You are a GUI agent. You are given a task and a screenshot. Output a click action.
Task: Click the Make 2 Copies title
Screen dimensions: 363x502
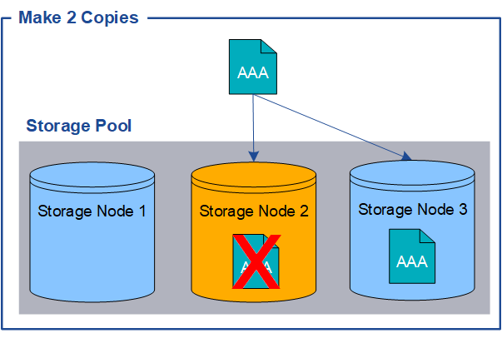coord(78,17)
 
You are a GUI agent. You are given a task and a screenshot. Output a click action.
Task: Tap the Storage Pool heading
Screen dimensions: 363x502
coord(79,126)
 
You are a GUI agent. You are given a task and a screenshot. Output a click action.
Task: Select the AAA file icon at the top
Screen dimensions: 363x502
coord(253,67)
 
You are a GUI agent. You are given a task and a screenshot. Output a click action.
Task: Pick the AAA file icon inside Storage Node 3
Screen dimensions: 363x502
coord(413,256)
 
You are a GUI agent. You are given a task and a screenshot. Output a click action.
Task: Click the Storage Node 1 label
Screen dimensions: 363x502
coord(92,211)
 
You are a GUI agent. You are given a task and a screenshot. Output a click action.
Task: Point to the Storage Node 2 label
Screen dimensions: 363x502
coord(254,211)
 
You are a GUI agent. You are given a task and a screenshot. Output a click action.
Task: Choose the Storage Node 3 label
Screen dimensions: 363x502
coord(413,208)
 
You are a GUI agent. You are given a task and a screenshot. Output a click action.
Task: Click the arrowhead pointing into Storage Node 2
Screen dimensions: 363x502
coord(254,156)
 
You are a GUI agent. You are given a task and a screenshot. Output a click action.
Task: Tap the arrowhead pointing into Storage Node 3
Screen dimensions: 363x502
coord(407,156)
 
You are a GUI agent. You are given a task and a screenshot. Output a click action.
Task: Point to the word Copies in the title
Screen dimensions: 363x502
coord(109,17)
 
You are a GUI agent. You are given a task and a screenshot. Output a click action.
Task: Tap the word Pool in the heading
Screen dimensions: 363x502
coord(113,126)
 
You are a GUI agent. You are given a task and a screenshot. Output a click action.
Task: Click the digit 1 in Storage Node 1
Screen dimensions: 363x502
coord(142,211)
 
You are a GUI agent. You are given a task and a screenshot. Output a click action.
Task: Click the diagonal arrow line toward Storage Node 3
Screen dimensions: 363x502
coord(333,125)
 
